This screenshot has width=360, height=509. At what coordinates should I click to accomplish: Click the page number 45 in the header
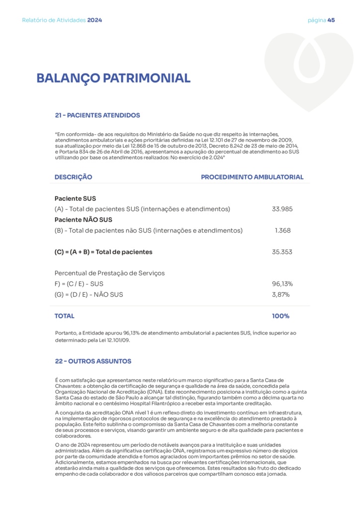[x=331, y=20]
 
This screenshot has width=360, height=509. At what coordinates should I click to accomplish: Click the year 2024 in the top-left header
[x=94, y=20]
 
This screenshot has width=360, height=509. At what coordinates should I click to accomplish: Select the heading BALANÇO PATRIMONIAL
[x=113, y=78]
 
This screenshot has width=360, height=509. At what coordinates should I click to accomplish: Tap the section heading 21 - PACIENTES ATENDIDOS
[x=97, y=115]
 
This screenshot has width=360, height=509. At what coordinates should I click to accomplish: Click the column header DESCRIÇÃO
[x=73, y=177]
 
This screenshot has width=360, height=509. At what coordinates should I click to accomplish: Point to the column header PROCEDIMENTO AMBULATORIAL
[x=252, y=177]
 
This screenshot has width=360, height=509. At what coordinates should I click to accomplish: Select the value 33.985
[x=282, y=209]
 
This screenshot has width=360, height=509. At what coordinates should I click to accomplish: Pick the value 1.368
[x=282, y=231]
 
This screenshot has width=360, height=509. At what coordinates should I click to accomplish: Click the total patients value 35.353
[x=282, y=252]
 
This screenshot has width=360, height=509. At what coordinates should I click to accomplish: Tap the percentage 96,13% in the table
[x=282, y=284]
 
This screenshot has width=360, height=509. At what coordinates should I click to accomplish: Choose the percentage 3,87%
[x=280, y=295]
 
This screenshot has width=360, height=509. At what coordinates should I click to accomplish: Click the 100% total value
[x=280, y=316]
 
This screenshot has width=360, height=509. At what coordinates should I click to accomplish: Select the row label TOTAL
[x=65, y=316]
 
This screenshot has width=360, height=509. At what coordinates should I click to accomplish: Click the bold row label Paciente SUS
[x=75, y=198]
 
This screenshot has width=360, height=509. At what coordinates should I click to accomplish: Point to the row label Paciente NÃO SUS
[x=84, y=220]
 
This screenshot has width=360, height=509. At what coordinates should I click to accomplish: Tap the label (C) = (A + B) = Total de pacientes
[x=103, y=252]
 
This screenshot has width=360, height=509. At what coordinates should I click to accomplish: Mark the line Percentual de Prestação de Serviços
[x=109, y=273]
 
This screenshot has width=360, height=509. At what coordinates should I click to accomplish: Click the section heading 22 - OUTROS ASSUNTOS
[x=93, y=361]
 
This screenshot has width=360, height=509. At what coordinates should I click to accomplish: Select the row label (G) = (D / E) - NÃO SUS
[x=89, y=295]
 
